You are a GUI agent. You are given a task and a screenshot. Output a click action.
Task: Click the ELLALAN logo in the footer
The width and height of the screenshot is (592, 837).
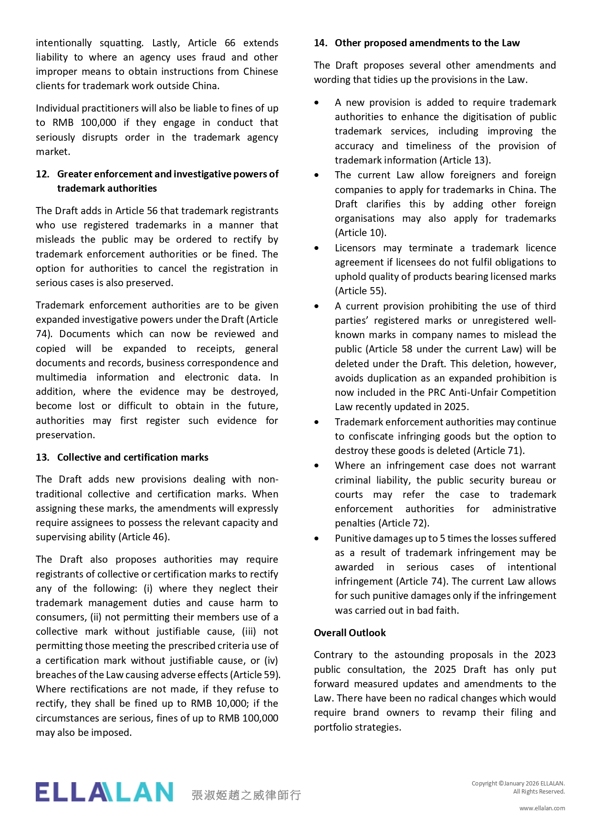(x=104, y=792)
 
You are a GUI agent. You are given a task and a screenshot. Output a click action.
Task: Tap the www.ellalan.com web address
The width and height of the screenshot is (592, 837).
(x=542, y=808)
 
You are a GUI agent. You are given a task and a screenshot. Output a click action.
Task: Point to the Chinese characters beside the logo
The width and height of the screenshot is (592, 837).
(x=246, y=795)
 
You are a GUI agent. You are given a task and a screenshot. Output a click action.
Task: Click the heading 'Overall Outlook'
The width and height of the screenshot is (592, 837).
(x=350, y=633)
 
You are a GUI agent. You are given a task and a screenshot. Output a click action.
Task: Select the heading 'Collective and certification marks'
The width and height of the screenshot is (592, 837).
(x=133, y=457)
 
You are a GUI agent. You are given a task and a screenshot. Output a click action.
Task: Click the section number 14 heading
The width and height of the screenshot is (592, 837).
(x=416, y=43)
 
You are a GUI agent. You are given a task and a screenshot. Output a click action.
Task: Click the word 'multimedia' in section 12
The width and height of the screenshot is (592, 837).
(x=61, y=377)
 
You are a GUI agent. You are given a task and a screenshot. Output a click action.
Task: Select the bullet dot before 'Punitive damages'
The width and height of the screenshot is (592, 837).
(x=317, y=539)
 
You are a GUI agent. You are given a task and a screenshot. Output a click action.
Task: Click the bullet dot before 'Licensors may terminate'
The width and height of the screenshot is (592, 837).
(x=317, y=248)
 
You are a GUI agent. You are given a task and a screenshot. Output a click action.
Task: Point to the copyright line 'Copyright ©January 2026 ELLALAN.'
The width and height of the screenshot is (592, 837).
(x=518, y=783)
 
